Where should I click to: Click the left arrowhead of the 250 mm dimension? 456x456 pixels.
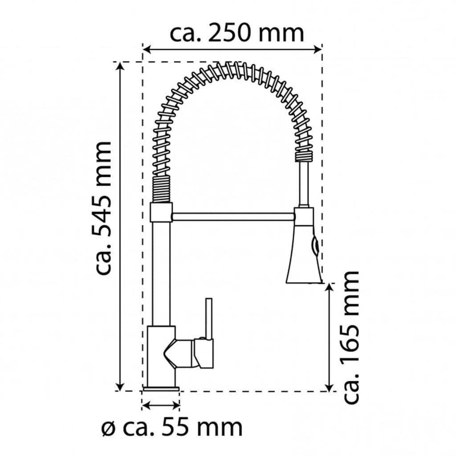click(147, 49)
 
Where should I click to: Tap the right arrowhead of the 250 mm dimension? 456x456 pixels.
click(318, 49)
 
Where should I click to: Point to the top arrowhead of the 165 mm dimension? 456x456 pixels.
click(329, 287)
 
